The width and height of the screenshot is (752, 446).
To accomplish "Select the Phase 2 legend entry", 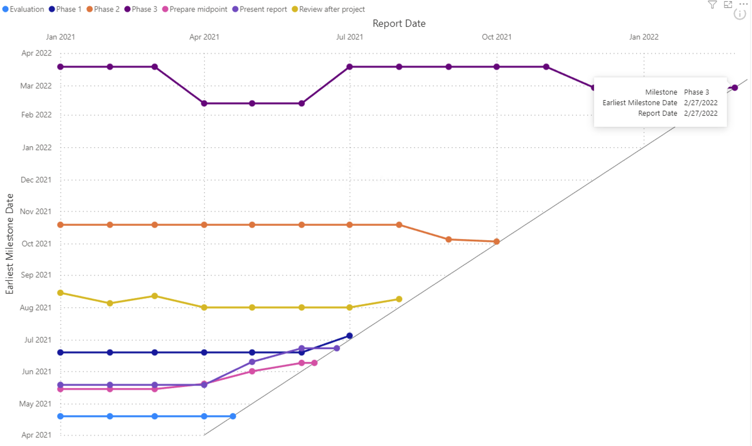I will click(106, 9).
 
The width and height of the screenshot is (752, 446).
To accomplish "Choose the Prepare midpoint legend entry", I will click(195, 9).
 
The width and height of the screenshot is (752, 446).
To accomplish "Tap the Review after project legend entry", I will click(332, 9).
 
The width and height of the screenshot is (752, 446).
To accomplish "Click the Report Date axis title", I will click(399, 23).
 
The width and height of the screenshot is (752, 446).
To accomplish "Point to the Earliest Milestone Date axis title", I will click(10, 244).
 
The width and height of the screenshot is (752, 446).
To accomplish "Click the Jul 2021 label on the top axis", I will click(350, 37).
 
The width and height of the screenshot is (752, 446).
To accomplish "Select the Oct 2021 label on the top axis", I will click(497, 37).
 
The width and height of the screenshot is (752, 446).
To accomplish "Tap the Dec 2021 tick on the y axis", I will click(36, 180).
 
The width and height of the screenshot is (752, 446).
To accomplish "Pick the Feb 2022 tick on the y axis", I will click(36, 115).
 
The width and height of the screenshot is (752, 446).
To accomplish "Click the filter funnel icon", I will click(712, 5).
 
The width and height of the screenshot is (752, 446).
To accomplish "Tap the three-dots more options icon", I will click(744, 4).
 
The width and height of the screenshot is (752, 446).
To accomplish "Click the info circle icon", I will click(739, 14).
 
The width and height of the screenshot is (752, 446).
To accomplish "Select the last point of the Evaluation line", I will click(233, 416).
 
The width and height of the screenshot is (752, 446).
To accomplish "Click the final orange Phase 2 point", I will click(497, 242).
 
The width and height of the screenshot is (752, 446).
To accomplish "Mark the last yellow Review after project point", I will click(399, 299).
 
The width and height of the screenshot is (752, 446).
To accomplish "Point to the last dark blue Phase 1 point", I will click(349, 335).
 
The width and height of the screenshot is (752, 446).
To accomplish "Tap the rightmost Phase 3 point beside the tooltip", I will click(735, 88).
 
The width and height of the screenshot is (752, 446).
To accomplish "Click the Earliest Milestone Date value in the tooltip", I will click(701, 103).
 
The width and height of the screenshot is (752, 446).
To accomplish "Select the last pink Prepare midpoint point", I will click(314, 363).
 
